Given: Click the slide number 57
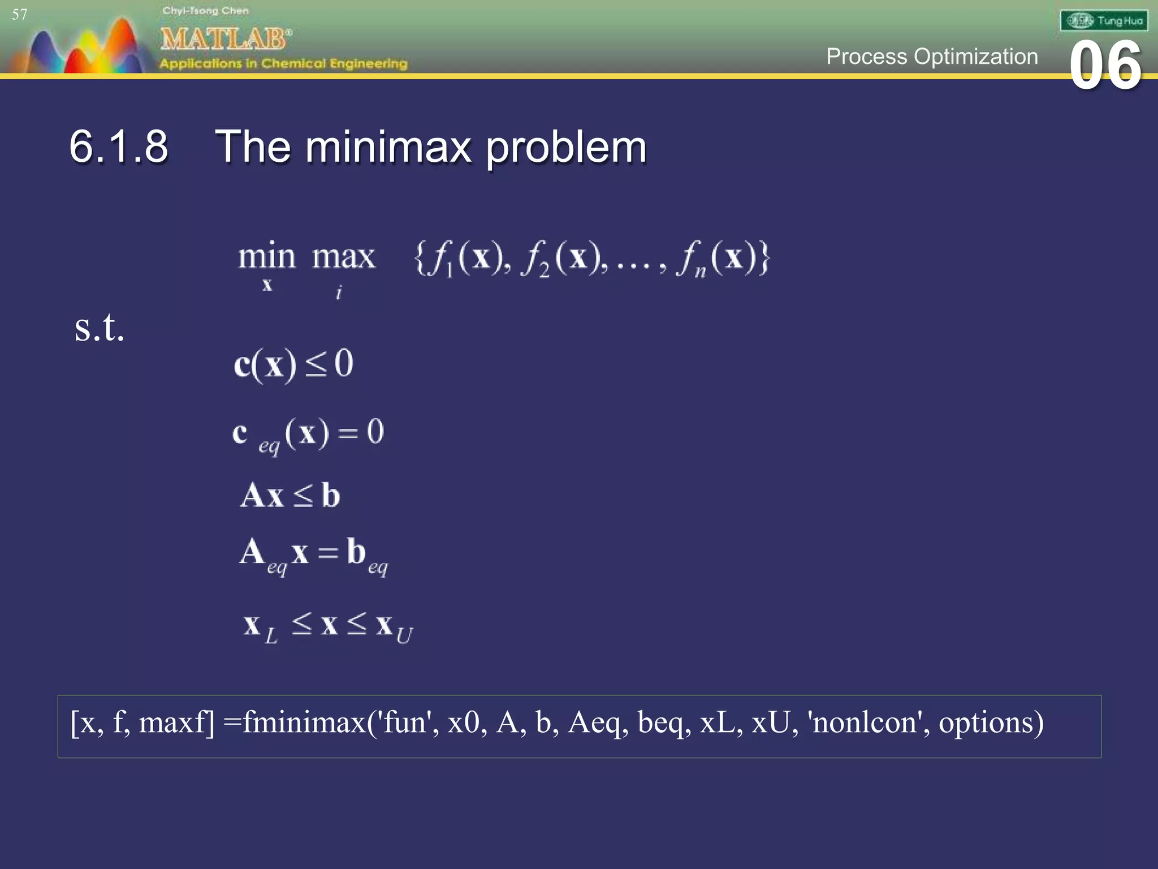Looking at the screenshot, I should tap(19, 15).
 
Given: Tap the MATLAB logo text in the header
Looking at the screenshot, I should tap(225, 39).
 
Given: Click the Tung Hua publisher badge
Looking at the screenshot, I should tap(1104, 21).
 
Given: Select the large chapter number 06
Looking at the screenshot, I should tap(1105, 66).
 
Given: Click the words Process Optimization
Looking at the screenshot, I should tap(932, 57).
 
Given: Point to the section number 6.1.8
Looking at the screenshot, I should tap(119, 147).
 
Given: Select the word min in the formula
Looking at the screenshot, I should tap(266, 257).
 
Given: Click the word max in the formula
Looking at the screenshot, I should tap(343, 257).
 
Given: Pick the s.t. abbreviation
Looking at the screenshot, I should tap(99, 328).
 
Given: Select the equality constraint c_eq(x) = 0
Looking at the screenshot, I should tap(308, 434).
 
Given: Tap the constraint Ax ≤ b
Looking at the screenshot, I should tap(291, 496).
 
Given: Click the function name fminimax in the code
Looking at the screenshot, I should tap(304, 722).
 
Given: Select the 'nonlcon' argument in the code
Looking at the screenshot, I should tap(865, 722).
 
